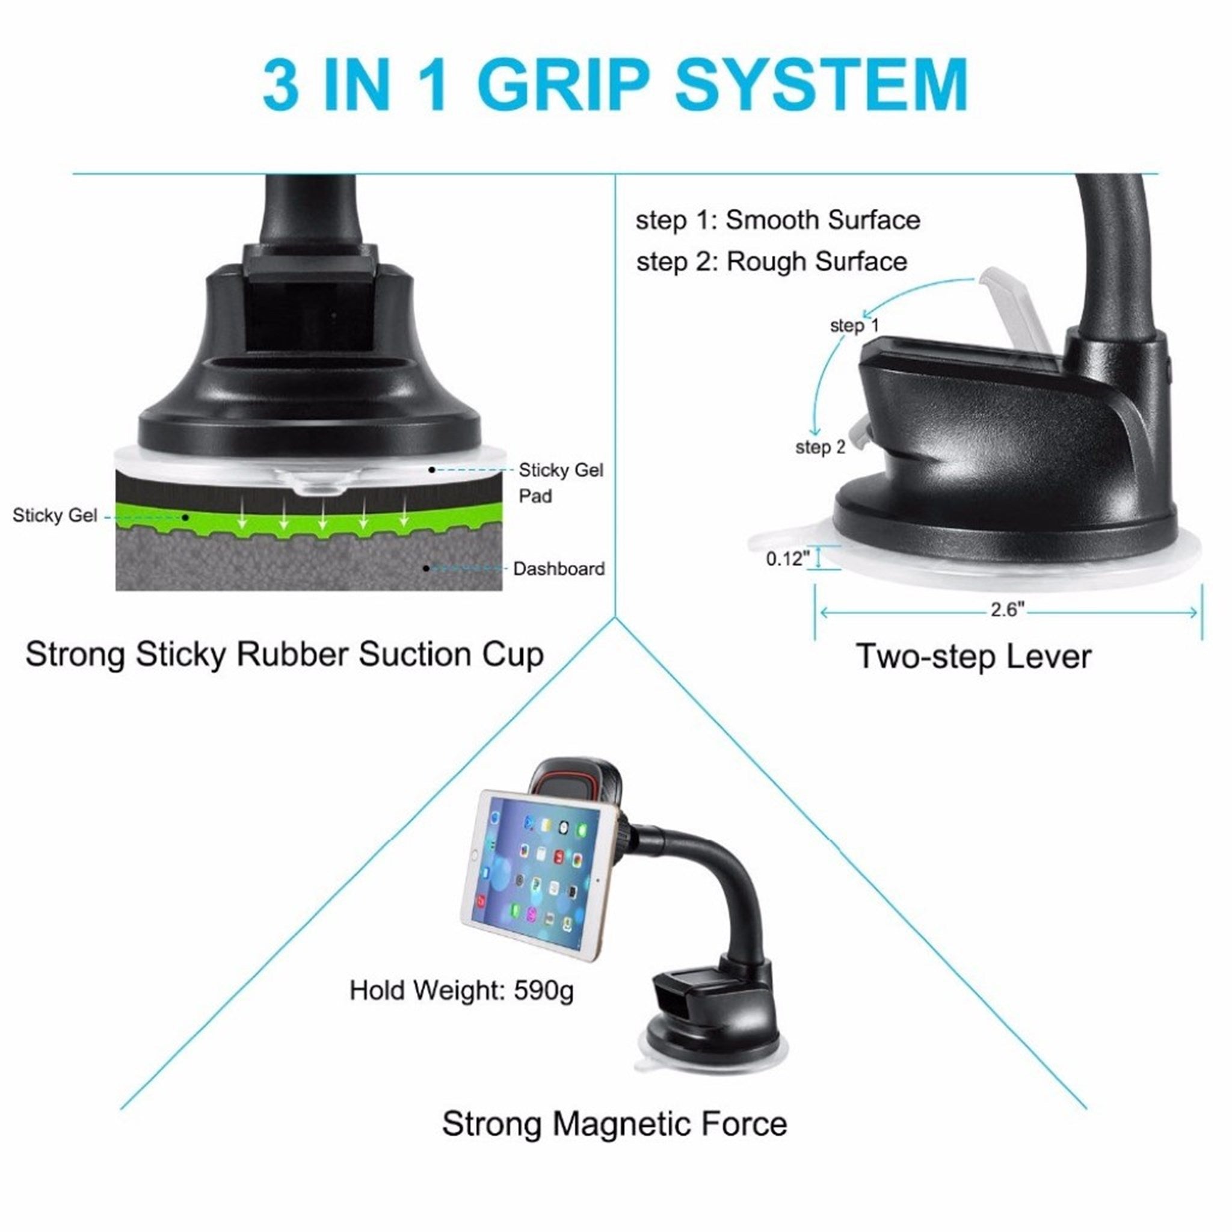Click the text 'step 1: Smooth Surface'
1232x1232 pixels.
coord(778,220)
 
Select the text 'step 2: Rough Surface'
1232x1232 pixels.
coord(772,262)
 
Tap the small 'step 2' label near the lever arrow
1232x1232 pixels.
coord(820,447)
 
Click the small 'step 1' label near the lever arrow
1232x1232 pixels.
coord(854,326)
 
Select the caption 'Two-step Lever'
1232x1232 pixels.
coord(974,656)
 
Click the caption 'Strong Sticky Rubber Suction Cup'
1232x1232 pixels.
coord(285,655)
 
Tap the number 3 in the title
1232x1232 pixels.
coord(281,85)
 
